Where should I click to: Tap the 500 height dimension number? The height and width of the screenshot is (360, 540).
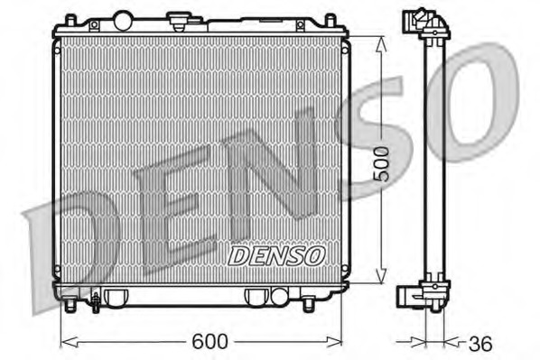(383, 162)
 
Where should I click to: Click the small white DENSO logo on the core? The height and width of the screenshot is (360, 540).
(276, 255)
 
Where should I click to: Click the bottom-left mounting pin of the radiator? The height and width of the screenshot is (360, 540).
(69, 307)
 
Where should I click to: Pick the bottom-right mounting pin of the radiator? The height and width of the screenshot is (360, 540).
(309, 306)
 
